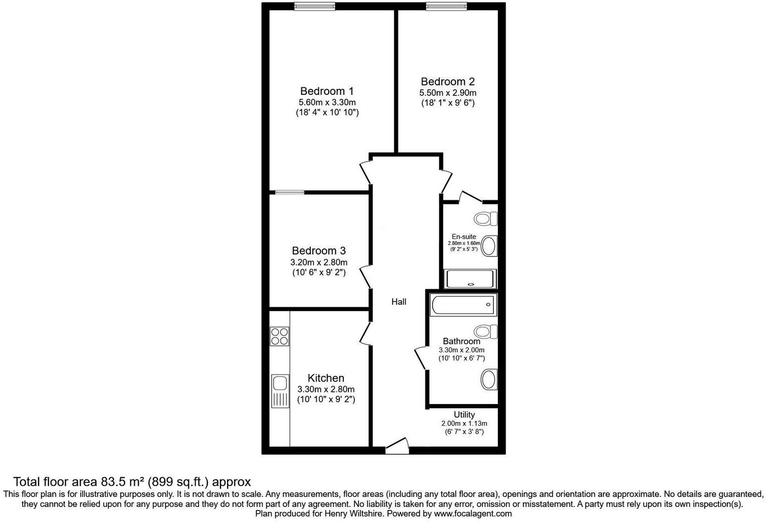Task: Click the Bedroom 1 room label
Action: point(327,91)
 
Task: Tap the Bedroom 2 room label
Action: point(447,81)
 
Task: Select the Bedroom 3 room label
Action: point(319,250)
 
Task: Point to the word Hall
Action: point(399,302)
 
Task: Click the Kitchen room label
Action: point(326,378)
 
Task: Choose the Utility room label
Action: point(464,415)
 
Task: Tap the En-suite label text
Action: point(464,236)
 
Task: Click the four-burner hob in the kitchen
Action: point(279,336)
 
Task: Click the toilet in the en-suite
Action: point(485,218)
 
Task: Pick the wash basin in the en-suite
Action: point(488,246)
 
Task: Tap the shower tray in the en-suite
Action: point(470,279)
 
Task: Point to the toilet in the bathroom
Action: point(485,331)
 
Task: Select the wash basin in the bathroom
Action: point(488,380)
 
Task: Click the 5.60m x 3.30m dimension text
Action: point(327,102)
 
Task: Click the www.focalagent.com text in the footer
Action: point(473,513)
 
